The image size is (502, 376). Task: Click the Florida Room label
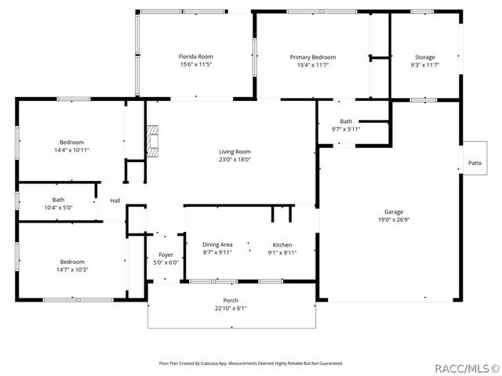195,56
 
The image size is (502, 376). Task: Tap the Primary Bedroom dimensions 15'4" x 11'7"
313,65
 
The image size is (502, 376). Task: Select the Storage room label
424,57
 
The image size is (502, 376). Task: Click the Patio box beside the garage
475,163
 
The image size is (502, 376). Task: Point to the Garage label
393,211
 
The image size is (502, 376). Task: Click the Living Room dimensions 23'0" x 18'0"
235,159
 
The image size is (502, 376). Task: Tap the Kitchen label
282,244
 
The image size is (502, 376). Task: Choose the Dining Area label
217,244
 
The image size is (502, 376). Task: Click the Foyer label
166,255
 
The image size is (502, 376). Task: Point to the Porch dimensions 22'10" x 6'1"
231,308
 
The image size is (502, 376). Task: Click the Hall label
115,201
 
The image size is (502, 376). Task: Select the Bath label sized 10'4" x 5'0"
58,199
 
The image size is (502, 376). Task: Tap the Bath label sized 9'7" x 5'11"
346,121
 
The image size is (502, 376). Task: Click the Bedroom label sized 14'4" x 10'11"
71,142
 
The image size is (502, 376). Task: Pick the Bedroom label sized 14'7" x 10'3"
71,262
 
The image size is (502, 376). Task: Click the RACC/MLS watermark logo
466,367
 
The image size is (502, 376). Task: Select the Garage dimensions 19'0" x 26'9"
393,219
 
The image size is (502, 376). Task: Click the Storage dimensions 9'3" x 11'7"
424,65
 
